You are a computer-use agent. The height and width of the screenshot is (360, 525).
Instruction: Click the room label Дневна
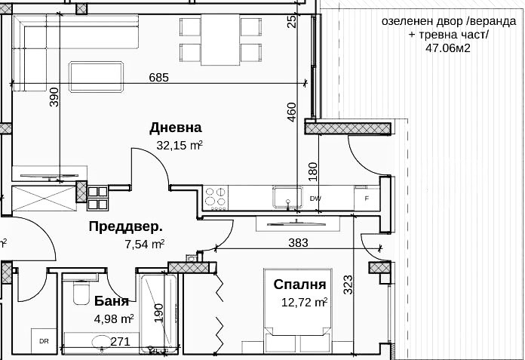point(176,127)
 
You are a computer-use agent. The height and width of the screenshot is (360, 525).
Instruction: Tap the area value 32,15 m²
point(179,145)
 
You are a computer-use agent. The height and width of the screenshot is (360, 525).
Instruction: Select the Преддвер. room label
point(125,226)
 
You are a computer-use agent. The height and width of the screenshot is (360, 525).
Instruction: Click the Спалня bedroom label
point(299,285)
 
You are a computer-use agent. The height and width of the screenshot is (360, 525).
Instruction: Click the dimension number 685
point(158,77)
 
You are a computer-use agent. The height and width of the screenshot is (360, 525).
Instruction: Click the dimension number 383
point(299,242)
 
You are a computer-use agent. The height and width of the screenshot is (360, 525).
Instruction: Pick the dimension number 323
point(348,285)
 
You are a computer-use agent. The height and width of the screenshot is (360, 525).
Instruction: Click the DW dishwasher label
point(315,198)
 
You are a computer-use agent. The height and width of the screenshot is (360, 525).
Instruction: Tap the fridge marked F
point(367,198)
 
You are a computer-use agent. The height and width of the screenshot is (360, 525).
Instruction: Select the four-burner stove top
point(216,197)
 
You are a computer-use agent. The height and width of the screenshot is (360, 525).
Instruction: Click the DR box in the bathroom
point(44,342)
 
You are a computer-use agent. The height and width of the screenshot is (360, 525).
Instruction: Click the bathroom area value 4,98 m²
point(114,318)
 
